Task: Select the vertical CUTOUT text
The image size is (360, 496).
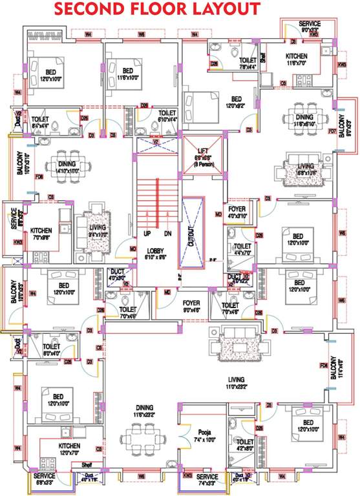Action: coord(191,232)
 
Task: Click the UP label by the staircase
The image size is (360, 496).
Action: coord(146,234)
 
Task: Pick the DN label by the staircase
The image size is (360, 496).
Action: coord(167,234)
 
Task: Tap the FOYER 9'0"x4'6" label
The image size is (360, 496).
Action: coord(191,305)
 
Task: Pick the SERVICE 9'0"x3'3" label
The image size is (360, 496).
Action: coord(309,26)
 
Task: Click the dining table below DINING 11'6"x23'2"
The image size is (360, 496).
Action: coord(145,439)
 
